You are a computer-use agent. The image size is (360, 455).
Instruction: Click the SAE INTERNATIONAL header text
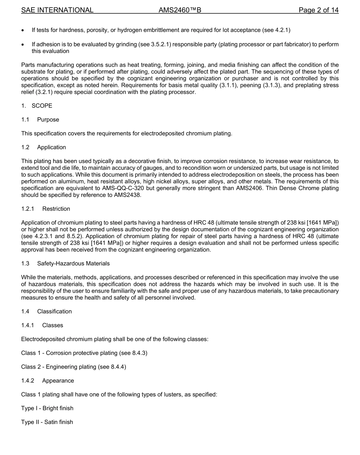pyautogui.click(x=57, y=10)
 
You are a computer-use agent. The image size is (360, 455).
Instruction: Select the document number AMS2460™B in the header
pyautogui.click(x=180, y=10)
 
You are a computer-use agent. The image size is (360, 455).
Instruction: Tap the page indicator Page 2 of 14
pyautogui.click(x=318, y=10)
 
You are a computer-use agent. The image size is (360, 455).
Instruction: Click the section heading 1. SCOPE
pyautogui.click(x=37, y=106)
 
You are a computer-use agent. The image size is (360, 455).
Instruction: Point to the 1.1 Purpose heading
pyautogui.click(x=40, y=119)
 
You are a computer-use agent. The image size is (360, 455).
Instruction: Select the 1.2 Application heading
pyautogui.click(x=44, y=147)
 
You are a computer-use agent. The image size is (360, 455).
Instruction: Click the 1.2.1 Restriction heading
pyautogui.click(x=45, y=209)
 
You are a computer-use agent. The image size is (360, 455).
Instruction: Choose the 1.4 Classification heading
pyautogui.click(x=46, y=311)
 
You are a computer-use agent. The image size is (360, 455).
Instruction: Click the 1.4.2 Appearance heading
pyautogui.click(x=47, y=380)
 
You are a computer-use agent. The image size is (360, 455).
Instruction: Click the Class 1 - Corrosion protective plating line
pyautogui.click(x=84, y=353)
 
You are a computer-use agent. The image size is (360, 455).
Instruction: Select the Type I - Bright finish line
pyautogui.click(x=47, y=408)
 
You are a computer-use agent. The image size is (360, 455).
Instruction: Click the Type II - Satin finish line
pyautogui.click(x=47, y=422)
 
